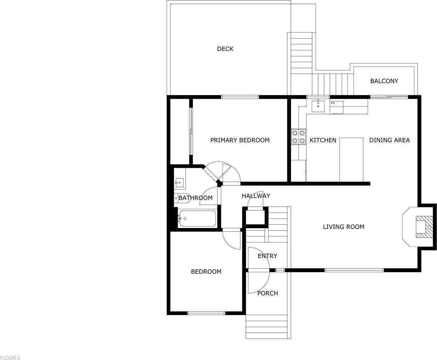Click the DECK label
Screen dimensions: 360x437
[x=225, y=49]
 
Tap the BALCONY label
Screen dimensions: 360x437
[x=384, y=81]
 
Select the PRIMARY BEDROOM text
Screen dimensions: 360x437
[x=240, y=140]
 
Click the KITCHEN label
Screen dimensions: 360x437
[x=323, y=140]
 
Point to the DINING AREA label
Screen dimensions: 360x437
[x=389, y=140]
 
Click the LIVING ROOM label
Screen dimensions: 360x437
[x=343, y=227]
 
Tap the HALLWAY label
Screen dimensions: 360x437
[x=256, y=196]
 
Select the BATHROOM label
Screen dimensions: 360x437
[x=195, y=198]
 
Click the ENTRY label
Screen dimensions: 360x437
[x=267, y=256]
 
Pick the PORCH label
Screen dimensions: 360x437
[x=268, y=293]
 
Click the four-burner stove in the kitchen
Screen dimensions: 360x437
[x=299, y=137]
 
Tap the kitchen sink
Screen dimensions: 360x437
[x=318, y=106]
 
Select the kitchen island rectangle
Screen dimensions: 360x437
[x=351, y=160]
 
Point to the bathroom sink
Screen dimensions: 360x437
[x=180, y=183]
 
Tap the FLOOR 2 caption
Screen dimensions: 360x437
[x=10, y=358]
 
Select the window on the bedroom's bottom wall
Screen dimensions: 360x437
[x=206, y=313]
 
